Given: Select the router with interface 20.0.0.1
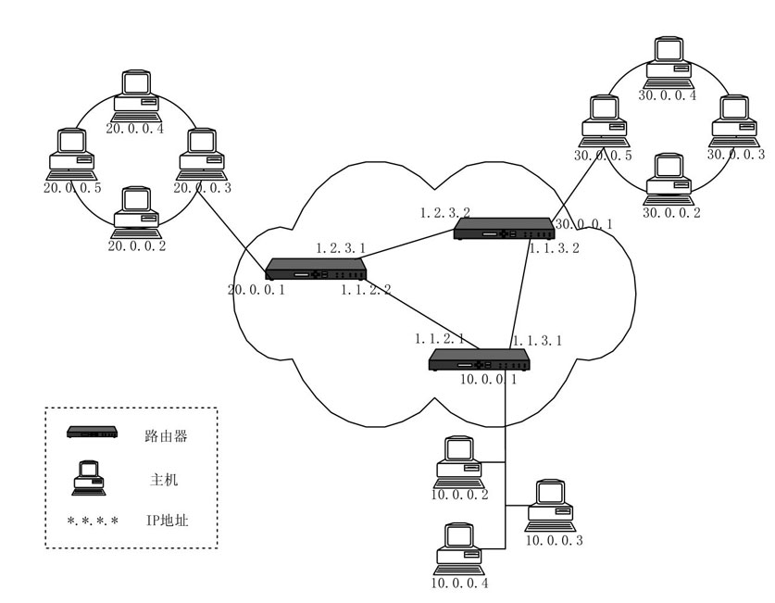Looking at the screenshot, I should click(316, 270).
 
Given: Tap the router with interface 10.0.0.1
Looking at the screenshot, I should click(480, 359).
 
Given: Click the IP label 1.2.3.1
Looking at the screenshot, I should click(342, 248).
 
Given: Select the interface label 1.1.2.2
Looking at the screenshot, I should click(365, 291).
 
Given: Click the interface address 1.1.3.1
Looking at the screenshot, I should click(538, 340).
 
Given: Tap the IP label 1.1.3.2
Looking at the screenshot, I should click(553, 248).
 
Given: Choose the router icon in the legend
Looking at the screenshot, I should click(94, 433).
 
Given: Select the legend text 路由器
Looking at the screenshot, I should click(167, 434).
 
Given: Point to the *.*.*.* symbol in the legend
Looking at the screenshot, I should click(93, 521).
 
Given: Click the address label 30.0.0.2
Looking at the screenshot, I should click(671, 212).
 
